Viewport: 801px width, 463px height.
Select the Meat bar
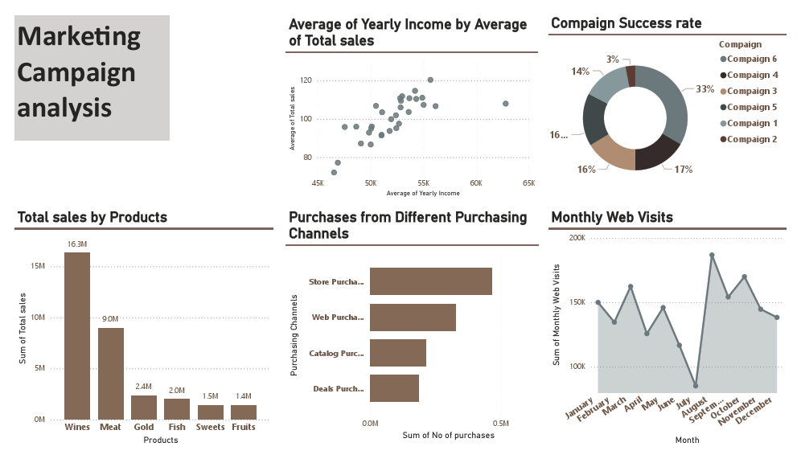click(111, 374)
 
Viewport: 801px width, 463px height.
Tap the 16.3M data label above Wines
click(77, 244)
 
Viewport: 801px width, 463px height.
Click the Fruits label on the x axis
click(243, 427)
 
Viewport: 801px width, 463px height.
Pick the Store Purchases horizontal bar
click(430, 282)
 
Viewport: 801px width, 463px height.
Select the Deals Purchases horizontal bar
click(394, 388)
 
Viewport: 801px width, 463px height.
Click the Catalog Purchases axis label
click(335, 353)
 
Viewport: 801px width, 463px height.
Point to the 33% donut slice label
click(704, 89)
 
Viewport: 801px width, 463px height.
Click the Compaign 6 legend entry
click(748, 59)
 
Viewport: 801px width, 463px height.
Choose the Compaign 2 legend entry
click(748, 139)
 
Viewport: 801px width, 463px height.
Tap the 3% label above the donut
click(613, 59)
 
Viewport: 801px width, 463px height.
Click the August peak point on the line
click(712, 255)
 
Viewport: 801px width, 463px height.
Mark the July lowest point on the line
click(696, 386)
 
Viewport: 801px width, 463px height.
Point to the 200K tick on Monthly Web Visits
click(577, 238)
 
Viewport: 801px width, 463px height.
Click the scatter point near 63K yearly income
click(505, 104)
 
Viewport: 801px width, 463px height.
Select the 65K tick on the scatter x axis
click(528, 183)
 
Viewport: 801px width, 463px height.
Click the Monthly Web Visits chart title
click(612, 217)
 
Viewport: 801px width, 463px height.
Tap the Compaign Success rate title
click(626, 23)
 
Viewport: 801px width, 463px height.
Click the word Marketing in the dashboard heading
click(79, 36)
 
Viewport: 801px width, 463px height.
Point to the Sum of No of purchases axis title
click(448, 435)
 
